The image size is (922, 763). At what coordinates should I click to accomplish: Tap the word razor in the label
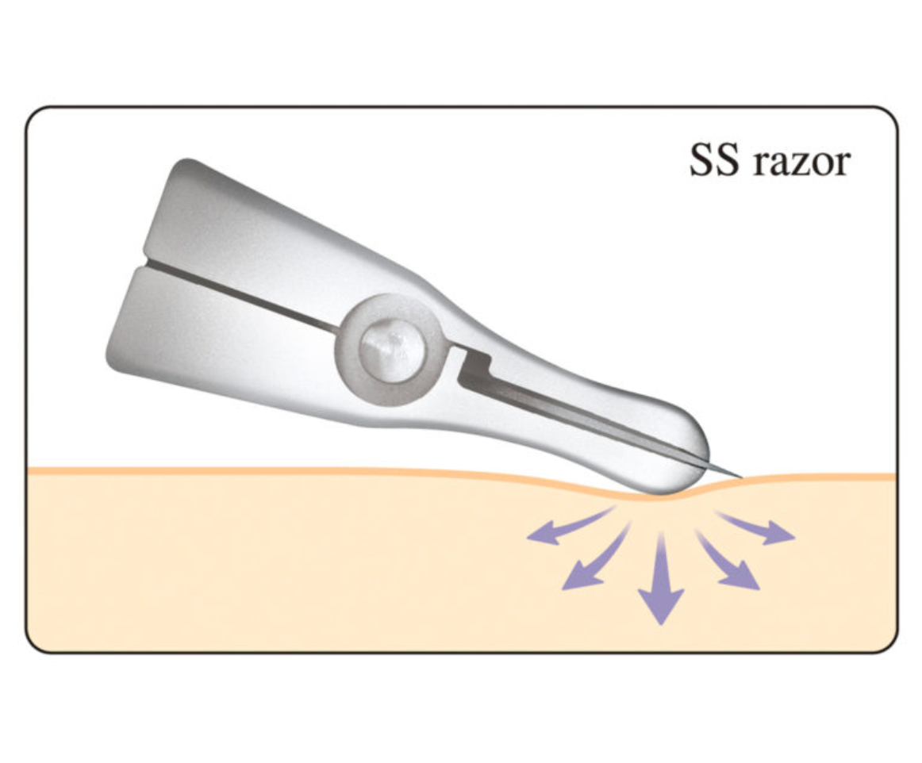click(802, 163)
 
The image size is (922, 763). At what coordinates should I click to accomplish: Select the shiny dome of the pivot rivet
click(392, 351)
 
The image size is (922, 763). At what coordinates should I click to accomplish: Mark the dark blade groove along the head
click(582, 417)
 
